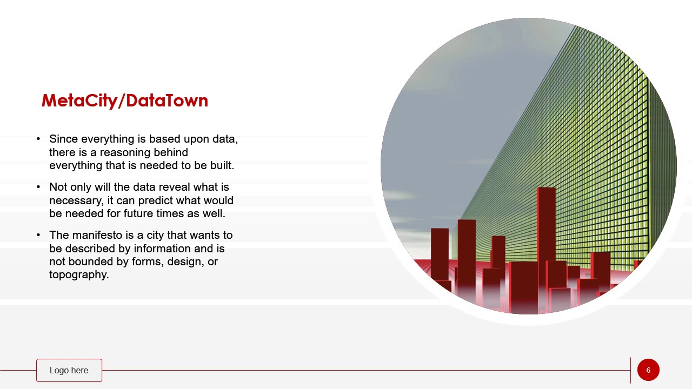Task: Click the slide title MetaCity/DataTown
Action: [x=124, y=101]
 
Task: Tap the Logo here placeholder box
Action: [x=69, y=370]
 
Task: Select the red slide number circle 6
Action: [x=648, y=370]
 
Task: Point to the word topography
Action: [x=79, y=274]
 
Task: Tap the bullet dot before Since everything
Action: [x=38, y=139]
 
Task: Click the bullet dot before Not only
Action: [x=38, y=187]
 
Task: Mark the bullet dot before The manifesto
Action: [x=38, y=235]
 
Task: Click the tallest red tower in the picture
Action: [x=546, y=227]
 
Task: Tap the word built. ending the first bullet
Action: [x=222, y=165]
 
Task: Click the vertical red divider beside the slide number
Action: [x=630, y=370]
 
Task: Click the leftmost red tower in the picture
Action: [x=440, y=254]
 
